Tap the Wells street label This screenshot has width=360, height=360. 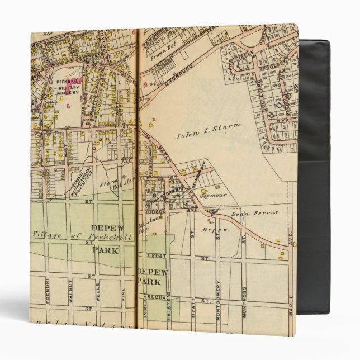click(x=98, y=292)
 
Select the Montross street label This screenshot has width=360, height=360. click(x=244, y=302)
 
